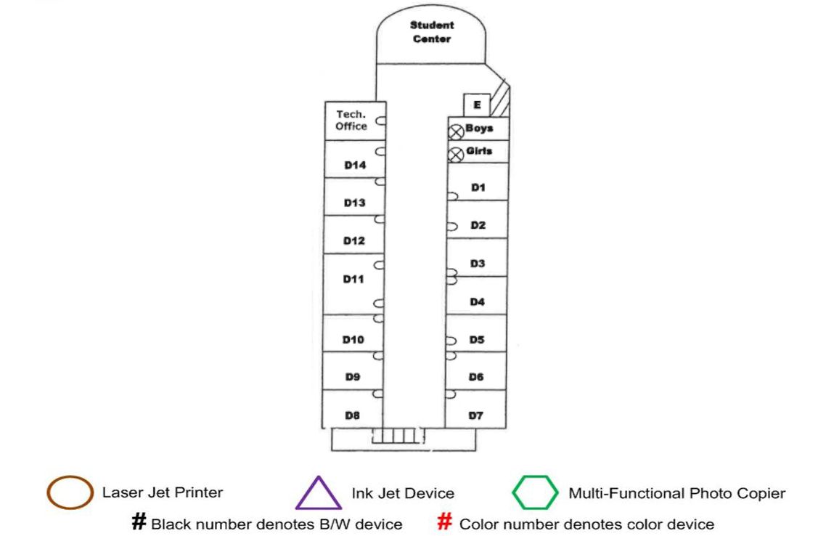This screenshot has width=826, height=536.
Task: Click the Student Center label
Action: tap(432, 32)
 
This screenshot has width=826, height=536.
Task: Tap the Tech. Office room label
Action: tap(351, 121)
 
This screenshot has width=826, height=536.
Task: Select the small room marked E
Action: tap(477, 105)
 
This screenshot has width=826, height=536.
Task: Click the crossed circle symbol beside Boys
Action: tap(456, 131)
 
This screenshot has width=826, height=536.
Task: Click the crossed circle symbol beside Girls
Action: tap(456, 154)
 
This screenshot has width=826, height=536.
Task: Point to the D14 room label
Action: tap(355, 166)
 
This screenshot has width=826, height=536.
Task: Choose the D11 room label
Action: tap(353, 280)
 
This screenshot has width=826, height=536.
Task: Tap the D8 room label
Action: tap(353, 415)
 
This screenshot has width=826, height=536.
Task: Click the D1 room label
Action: tap(478, 187)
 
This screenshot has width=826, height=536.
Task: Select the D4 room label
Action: tap(477, 301)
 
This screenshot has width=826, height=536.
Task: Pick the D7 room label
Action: tap(476, 415)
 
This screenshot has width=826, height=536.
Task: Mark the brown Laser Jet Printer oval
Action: tap(70, 492)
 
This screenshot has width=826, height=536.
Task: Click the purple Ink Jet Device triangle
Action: tap(319, 493)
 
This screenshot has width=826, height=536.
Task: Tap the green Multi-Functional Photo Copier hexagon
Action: tap(536, 493)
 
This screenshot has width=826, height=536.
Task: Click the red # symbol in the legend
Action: tap(445, 522)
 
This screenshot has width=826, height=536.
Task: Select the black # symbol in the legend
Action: tap(139, 522)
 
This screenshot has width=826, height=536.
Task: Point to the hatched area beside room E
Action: tap(501, 101)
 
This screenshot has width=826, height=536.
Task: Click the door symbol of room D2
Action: tap(451, 226)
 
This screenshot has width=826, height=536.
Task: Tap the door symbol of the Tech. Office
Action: tap(380, 123)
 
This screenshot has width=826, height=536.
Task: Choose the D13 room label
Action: tap(355, 203)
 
